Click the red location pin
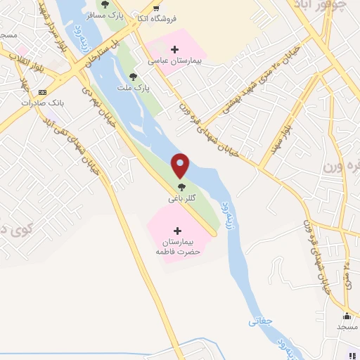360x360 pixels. [x=181, y=165]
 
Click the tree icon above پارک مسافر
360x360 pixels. [x=105, y=4]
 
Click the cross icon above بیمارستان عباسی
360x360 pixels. [x=174, y=49]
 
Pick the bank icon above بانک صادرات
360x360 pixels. [x=43, y=92]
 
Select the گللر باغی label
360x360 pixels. [x=181, y=199]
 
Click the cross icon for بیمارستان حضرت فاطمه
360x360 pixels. [x=176, y=230]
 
